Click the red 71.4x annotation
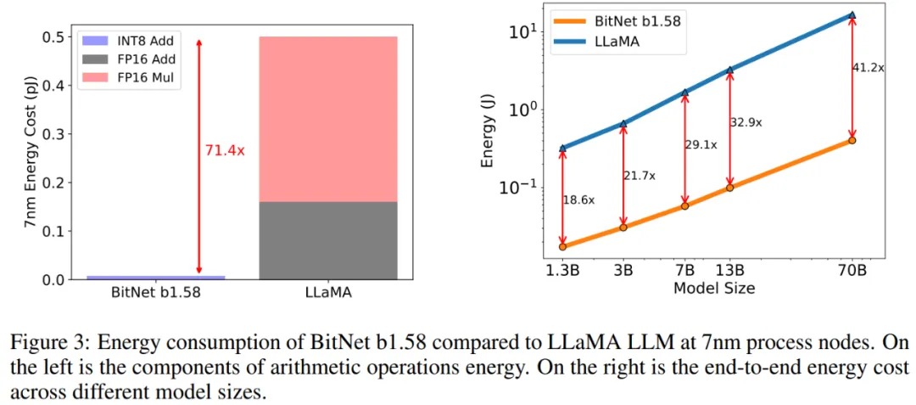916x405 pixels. coord(224,150)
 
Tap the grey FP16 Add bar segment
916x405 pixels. coord(327,240)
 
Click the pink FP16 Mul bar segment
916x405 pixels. coord(327,119)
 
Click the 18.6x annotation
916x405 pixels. coord(578,200)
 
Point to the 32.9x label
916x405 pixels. coord(746,122)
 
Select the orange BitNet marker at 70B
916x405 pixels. coord(852,140)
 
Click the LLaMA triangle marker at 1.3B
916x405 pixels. coord(562,149)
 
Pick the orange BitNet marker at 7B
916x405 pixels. coord(685,205)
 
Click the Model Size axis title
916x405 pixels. coord(713,288)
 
